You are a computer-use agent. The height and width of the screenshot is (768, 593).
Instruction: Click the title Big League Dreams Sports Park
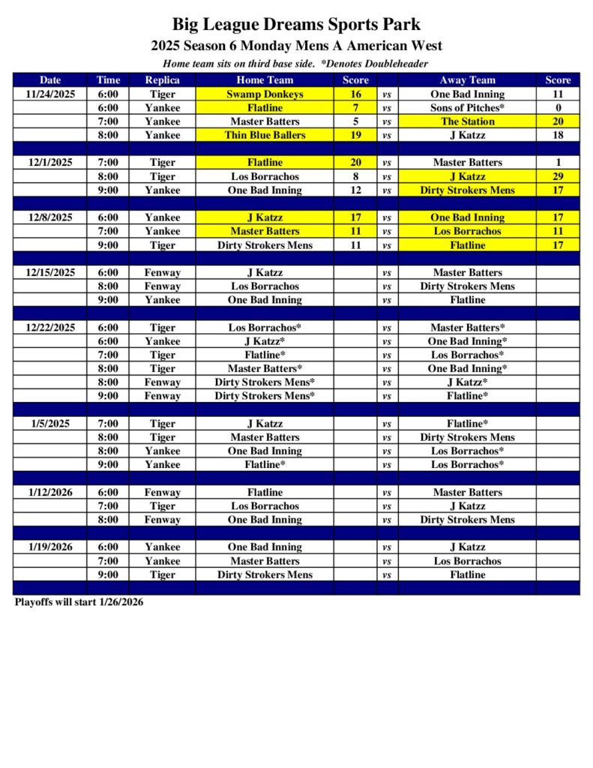click(296, 25)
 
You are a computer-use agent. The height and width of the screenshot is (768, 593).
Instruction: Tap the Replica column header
click(162, 80)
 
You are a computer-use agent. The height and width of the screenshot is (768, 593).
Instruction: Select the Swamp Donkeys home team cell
click(265, 94)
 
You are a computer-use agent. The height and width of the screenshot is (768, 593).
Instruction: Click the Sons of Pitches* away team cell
click(467, 108)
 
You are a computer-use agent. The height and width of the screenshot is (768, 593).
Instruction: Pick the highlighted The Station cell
click(467, 121)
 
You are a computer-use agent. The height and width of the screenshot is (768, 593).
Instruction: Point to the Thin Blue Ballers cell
click(265, 135)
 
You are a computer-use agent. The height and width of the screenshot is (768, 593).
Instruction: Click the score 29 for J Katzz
click(558, 176)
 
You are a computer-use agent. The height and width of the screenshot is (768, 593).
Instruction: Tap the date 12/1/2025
click(50, 163)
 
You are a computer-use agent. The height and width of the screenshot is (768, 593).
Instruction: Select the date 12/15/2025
click(50, 272)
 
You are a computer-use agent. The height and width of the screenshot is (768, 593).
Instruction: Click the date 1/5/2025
click(50, 423)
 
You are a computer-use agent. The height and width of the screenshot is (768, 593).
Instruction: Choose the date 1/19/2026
click(50, 547)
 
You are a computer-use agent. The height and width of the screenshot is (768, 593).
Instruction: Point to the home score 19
click(355, 135)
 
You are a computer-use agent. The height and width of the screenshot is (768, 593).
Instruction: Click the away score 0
click(558, 108)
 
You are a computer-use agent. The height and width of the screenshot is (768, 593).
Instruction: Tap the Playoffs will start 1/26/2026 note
click(79, 602)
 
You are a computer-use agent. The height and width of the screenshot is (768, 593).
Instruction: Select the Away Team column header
click(467, 80)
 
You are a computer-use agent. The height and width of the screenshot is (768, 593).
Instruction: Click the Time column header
click(107, 80)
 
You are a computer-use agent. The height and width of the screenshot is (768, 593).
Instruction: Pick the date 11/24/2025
click(50, 94)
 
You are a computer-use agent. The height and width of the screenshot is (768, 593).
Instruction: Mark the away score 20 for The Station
click(558, 121)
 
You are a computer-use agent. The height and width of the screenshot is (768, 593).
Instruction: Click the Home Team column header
click(265, 80)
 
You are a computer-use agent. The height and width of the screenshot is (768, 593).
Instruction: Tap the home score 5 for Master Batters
click(355, 121)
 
